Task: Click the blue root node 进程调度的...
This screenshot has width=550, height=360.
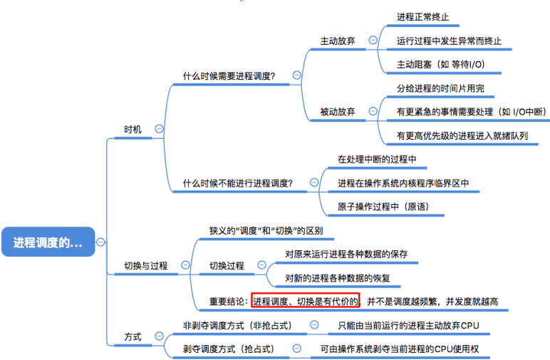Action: [x=48, y=242]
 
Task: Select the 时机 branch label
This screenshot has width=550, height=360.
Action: [x=133, y=129]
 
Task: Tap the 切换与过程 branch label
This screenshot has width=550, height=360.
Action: [x=145, y=265]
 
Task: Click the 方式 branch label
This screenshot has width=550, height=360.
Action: [x=133, y=336]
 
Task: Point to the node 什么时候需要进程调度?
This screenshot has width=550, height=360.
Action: [x=229, y=75]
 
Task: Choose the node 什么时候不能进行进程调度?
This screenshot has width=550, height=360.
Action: [x=238, y=183]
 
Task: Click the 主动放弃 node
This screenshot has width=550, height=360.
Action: [x=338, y=41]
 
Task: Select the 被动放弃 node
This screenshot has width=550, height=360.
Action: [x=338, y=111]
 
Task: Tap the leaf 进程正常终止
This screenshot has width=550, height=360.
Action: [x=423, y=16]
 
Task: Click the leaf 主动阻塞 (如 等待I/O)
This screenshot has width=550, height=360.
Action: [x=440, y=64]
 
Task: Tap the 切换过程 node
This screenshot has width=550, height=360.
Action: [x=227, y=265]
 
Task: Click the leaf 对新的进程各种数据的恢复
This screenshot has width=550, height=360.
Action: [x=338, y=277]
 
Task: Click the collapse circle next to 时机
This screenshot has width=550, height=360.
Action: [x=159, y=129]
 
